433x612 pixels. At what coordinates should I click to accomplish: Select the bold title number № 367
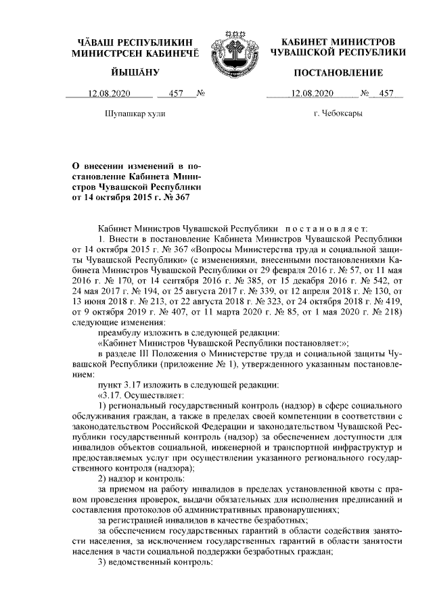177,198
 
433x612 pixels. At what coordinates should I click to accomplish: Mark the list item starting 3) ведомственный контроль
156,564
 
